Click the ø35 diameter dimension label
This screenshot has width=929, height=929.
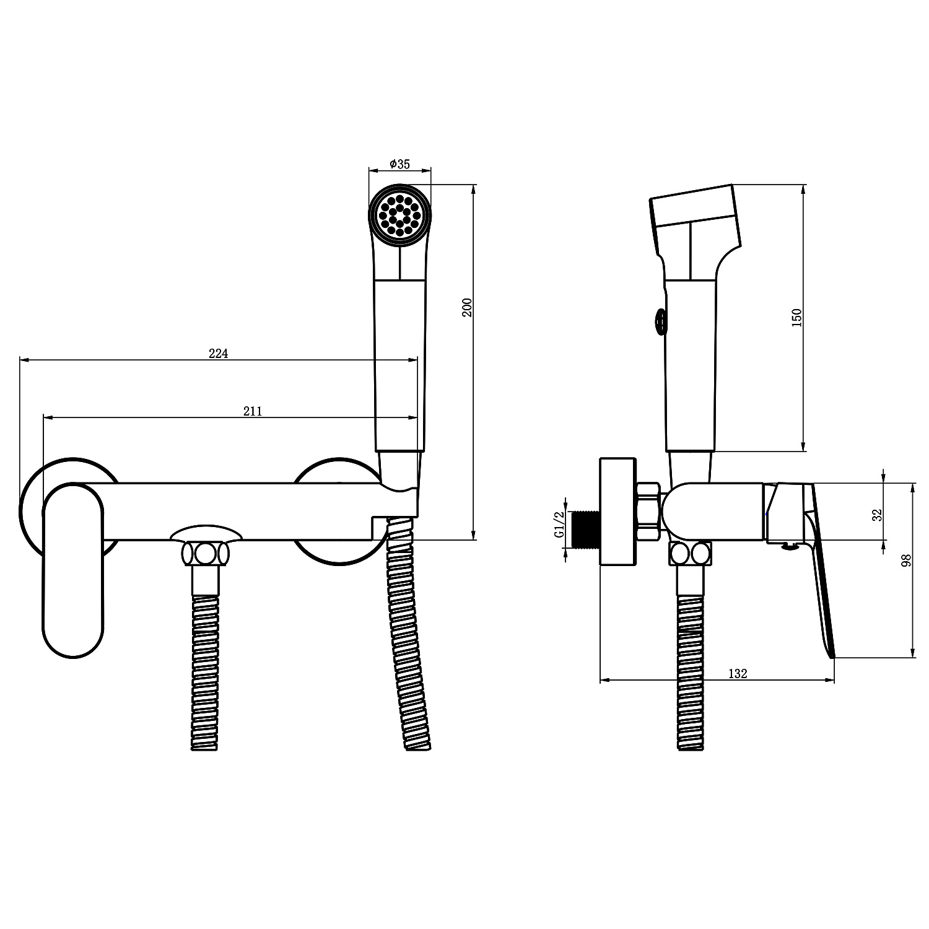(399, 164)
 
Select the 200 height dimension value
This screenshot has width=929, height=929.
(468, 307)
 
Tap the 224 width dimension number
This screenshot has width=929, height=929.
(218, 354)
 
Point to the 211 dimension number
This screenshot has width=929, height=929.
(252, 411)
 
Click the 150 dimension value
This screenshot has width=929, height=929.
(797, 317)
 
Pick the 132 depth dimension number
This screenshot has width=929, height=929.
(737, 674)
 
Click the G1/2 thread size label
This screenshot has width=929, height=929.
(559, 525)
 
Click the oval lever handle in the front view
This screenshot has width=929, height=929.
(74, 570)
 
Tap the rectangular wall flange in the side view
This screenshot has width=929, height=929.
(618, 512)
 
